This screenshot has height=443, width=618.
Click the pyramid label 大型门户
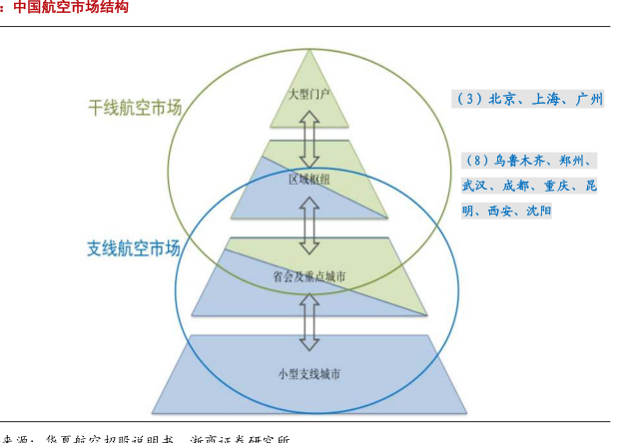click(309, 95)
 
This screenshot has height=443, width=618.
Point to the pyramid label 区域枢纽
click(309, 180)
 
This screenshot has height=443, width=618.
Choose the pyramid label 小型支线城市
click(309, 374)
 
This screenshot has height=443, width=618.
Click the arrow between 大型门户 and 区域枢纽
click(309, 137)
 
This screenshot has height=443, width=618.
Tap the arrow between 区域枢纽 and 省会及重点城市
click(309, 226)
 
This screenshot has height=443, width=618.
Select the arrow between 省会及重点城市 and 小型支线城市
click(309, 321)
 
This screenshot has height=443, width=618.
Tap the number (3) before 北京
click(469, 100)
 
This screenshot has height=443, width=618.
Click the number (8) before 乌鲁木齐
click(478, 161)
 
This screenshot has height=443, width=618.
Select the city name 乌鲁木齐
click(520, 161)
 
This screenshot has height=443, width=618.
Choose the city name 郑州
click(576, 161)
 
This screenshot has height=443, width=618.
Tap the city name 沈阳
click(539, 212)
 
